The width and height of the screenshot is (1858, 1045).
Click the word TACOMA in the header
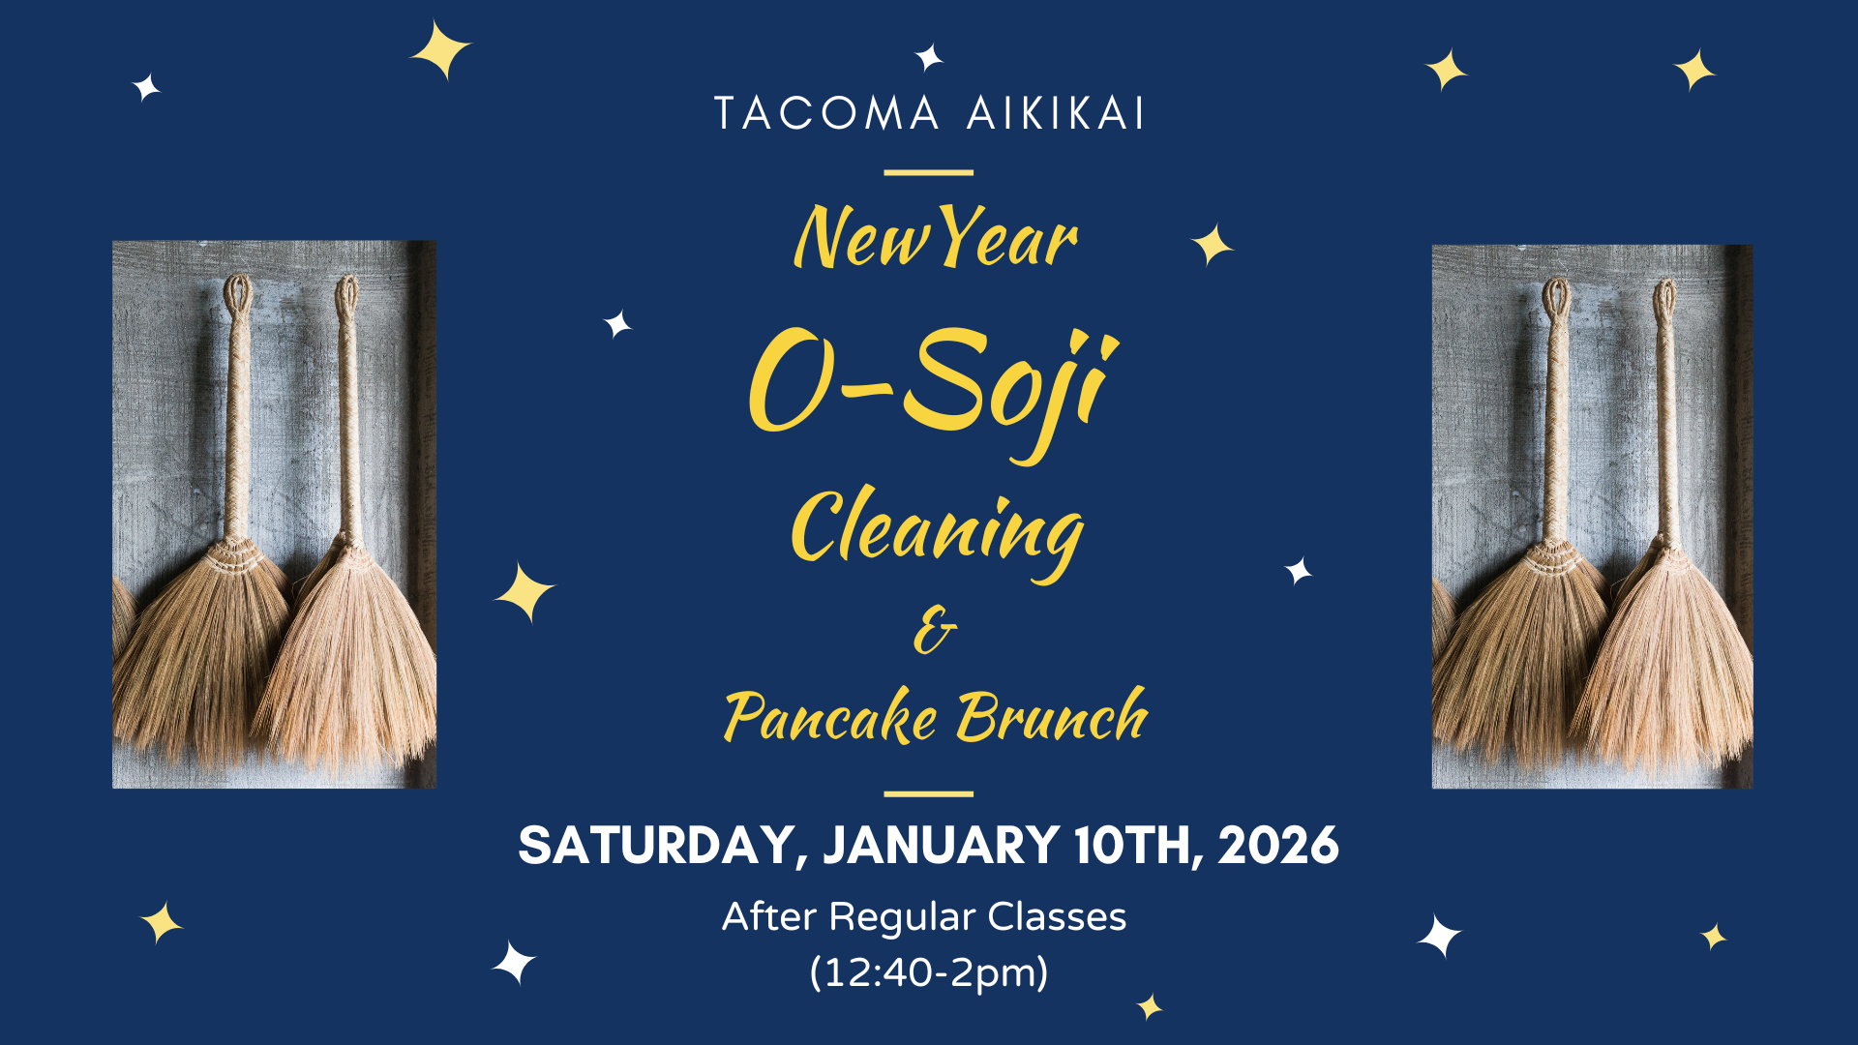coord(826,113)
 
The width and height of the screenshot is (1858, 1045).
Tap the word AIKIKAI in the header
coord(1056,113)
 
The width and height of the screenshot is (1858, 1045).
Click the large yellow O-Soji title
coord(933,389)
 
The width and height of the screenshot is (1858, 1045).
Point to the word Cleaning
coord(937,531)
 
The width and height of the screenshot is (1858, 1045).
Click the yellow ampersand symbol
coord(935,630)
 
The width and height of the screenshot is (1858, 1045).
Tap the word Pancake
coord(830,716)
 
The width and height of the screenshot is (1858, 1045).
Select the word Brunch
coord(1052,716)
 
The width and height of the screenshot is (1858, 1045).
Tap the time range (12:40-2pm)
coord(929,971)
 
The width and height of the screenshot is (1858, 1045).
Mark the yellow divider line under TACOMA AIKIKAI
coord(929,173)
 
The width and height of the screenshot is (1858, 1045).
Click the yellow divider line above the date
coord(929,794)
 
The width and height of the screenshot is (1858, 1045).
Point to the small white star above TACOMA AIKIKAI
coord(929,57)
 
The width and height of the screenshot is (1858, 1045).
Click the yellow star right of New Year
coord(1212,245)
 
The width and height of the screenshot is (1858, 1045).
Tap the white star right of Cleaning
coord(1299,571)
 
